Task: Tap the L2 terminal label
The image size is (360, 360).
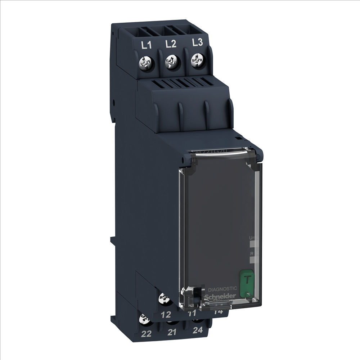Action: coord(171,44)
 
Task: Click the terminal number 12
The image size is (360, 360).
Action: coord(166,315)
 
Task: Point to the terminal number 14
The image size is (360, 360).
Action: coord(218,311)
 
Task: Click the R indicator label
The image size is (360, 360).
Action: coord(252,254)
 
